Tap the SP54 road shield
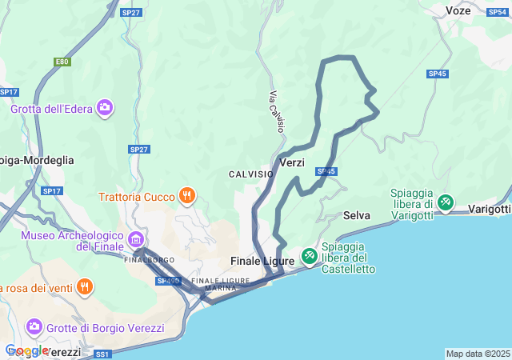coord(497,11)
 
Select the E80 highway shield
coord(62,62)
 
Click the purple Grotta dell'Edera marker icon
coord(105,107)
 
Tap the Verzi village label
coord(293,162)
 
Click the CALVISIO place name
coord(250,174)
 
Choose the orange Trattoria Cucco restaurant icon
coord(187,196)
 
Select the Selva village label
coord(356,215)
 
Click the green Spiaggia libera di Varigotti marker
coord(445,204)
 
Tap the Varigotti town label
coord(489,210)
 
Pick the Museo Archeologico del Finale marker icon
coord(135,239)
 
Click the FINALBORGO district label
coord(150,260)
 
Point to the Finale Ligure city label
coord(262,261)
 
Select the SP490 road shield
coord(168,281)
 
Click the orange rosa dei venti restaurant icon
coord(85,287)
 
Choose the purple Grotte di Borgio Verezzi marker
coord(34,326)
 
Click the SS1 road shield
coord(102,354)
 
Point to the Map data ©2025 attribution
coord(478,354)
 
